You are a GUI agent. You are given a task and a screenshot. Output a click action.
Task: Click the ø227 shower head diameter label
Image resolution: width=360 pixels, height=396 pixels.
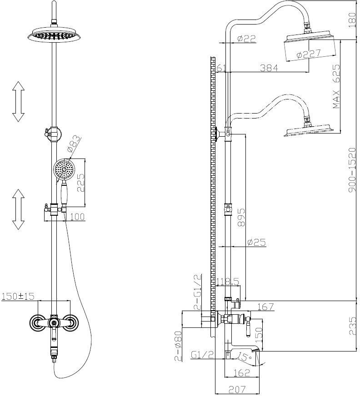[309, 54]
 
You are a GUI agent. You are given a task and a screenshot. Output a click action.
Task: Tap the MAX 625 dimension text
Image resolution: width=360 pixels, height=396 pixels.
[336, 86]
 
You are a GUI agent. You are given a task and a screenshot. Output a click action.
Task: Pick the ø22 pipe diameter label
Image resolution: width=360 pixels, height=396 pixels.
[246, 39]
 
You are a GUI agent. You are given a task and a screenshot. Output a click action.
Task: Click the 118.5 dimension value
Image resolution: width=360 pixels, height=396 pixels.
[227, 282]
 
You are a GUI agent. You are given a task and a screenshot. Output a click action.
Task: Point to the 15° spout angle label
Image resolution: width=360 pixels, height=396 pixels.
[244, 357]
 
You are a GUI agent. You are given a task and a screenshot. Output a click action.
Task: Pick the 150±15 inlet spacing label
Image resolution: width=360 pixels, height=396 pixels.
[18, 296]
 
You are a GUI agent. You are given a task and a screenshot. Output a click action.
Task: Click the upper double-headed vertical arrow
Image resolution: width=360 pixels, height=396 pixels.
[18, 101]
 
